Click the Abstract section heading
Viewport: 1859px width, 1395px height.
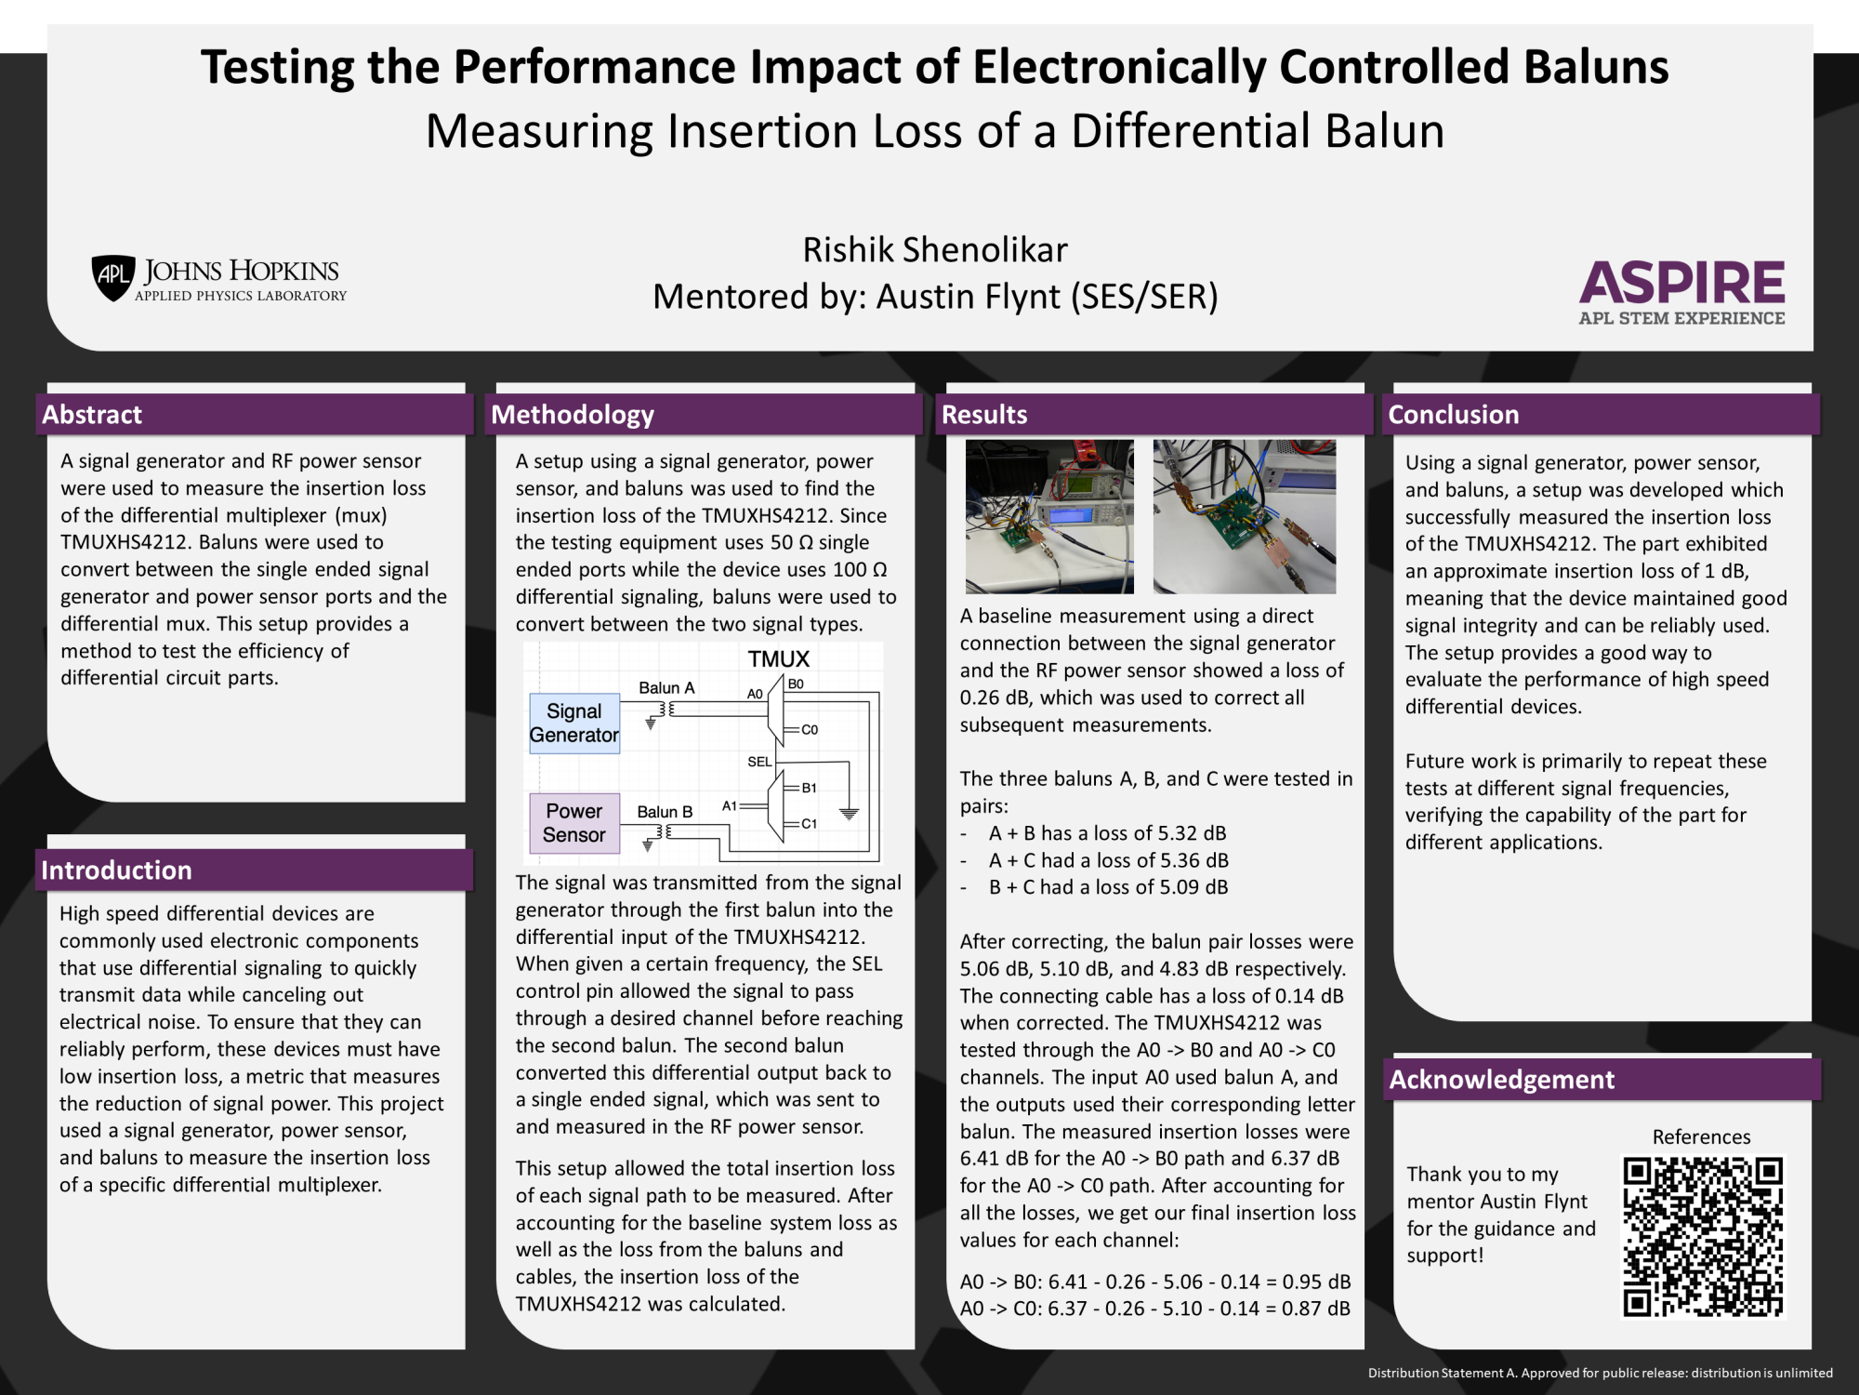[92, 415]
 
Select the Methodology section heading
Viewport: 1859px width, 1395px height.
[573, 415]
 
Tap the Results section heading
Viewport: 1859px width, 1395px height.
[984, 415]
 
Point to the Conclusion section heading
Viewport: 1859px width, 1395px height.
[1453, 415]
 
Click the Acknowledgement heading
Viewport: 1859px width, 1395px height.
[1501, 1079]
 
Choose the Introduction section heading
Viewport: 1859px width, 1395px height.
[116, 870]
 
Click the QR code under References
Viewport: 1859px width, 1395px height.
[1703, 1236]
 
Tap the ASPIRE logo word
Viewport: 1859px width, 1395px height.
[1681, 283]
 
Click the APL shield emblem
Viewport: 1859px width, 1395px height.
[113, 278]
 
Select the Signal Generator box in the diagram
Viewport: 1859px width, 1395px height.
[574, 724]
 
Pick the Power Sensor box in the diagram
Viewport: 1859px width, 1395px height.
[574, 823]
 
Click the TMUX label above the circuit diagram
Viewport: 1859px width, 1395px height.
[779, 659]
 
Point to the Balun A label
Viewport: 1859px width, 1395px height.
[666, 688]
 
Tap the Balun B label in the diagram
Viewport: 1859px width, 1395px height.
[665, 812]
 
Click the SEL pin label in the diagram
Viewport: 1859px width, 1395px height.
[759, 762]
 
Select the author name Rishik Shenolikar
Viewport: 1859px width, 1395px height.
[935, 250]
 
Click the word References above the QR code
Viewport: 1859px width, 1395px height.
[1701, 1137]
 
